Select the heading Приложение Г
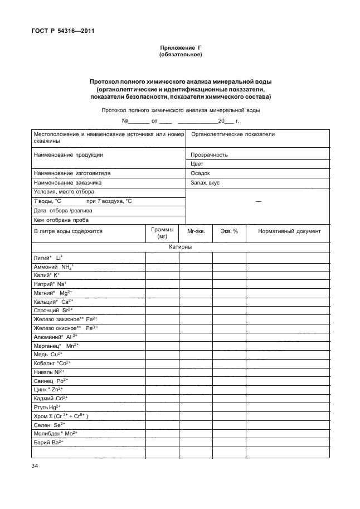pyautogui.click(x=180, y=49)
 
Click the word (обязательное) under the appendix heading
pyautogui.click(x=180, y=55)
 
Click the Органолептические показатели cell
pyautogui.click(x=233, y=135)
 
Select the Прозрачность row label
pyautogui.click(x=209, y=155)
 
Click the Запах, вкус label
pyautogui.click(x=206, y=182)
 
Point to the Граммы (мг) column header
pyautogui.click(x=162, y=233)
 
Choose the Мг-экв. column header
pyautogui.click(x=196, y=231)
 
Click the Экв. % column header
pyautogui.click(x=229, y=231)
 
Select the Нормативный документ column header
pyautogui.click(x=289, y=231)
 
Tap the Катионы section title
pyautogui.click(x=180, y=247)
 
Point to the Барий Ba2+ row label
pyautogui.click(x=50, y=442)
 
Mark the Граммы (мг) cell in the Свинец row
pyautogui.click(x=162, y=380)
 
